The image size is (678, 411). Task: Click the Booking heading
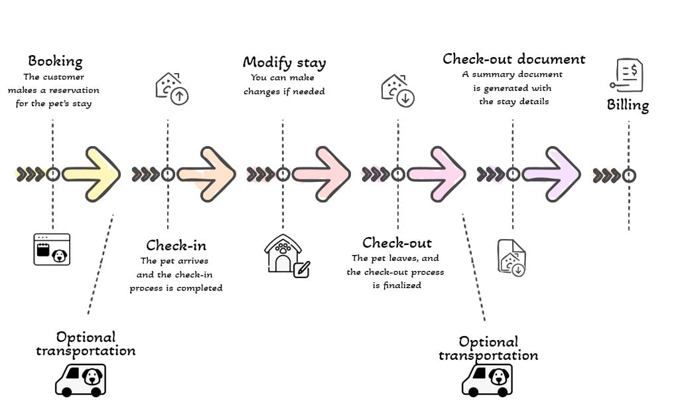point(55,62)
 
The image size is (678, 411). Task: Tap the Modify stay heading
point(284,62)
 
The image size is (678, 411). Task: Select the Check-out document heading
point(513,59)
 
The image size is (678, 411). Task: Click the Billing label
point(628,105)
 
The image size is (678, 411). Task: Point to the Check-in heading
point(176,246)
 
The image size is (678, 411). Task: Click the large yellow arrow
point(92,175)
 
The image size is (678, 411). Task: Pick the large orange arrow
point(206,175)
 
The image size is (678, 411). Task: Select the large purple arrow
point(551,175)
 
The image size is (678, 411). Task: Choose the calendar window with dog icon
point(52,249)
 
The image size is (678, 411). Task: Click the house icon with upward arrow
point(172,89)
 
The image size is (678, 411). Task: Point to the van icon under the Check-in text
point(81,380)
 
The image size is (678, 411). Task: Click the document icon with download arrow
point(511,258)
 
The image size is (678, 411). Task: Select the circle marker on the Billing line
point(629,176)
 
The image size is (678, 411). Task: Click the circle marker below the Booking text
point(53,175)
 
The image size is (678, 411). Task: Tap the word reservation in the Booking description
point(74,90)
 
